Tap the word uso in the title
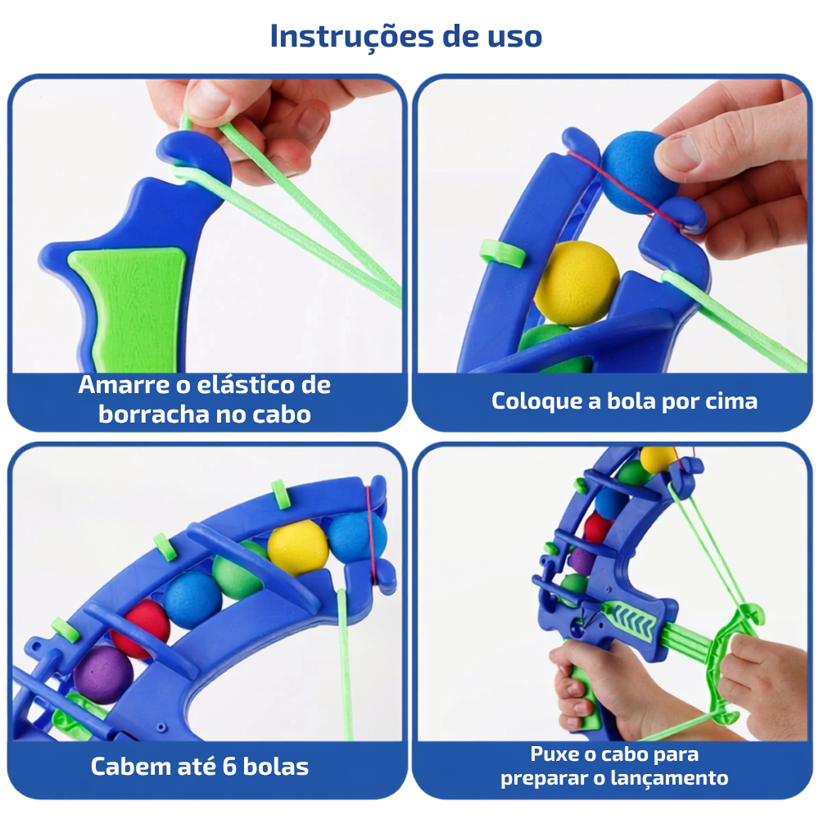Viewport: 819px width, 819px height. [x=514, y=38]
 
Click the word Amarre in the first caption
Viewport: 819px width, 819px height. [x=124, y=385]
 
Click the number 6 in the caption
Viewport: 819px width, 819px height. [x=229, y=767]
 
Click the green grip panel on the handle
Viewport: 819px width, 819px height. [x=130, y=308]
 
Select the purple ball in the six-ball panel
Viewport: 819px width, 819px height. [x=102, y=674]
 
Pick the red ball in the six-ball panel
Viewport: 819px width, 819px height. [x=142, y=628]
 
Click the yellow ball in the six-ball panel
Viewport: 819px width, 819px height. [x=298, y=548]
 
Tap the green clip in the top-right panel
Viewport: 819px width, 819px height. [x=502, y=253]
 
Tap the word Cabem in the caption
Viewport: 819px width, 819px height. [x=131, y=767]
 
